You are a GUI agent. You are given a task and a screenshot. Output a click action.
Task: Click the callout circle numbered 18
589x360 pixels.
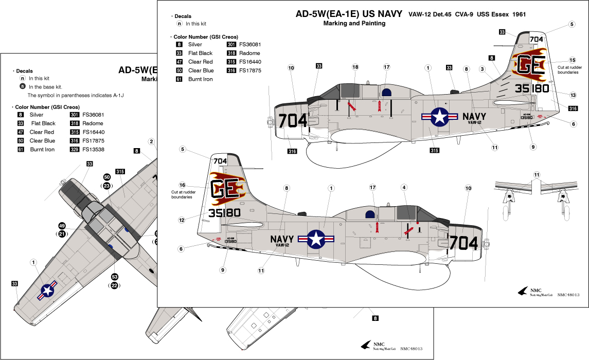pyautogui.click(x=355, y=67)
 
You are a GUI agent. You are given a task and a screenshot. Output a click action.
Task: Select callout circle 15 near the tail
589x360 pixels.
pyautogui.click(x=573, y=60)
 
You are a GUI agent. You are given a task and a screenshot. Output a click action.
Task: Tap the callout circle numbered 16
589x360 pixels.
pyautogui.click(x=182, y=185)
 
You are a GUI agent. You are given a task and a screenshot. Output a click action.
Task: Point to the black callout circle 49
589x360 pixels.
pyautogui.click(x=62, y=226)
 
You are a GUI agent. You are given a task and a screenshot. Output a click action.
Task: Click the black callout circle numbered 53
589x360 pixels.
pyautogui.click(x=115, y=277)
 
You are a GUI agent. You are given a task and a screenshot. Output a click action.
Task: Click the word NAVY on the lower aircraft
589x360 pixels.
pyautogui.click(x=281, y=239)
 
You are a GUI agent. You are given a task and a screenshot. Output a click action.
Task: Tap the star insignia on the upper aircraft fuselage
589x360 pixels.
pyautogui.click(x=440, y=117)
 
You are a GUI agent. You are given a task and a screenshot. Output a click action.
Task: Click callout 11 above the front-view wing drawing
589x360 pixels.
pyautogui.click(x=536, y=175)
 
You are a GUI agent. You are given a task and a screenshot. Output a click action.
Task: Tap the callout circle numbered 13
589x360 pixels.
pyautogui.click(x=573, y=94)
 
